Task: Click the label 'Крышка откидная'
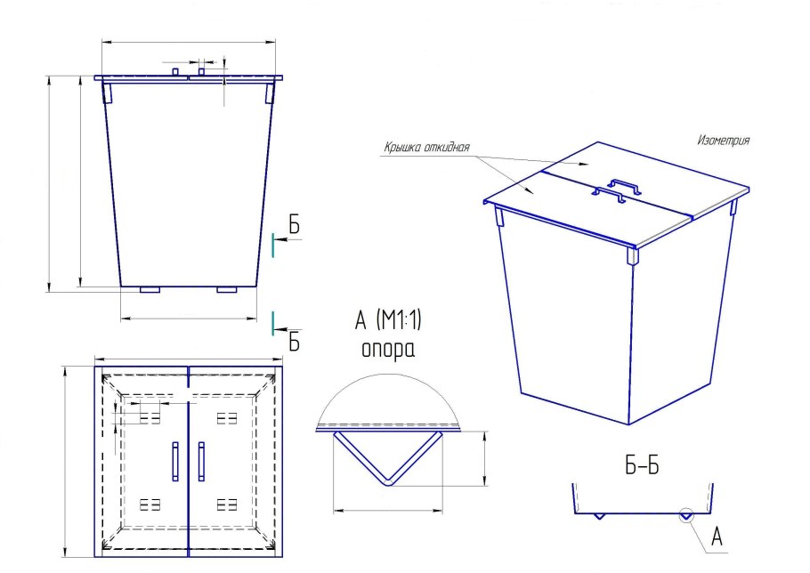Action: [426, 147]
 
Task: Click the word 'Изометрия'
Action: [723, 140]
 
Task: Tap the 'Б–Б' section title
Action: [642, 466]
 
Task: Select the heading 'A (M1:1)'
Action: [388, 320]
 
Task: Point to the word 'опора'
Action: [388, 350]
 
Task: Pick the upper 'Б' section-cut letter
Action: [294, 225]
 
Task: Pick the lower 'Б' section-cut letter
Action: [294, 341]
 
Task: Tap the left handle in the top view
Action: [175, 462]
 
